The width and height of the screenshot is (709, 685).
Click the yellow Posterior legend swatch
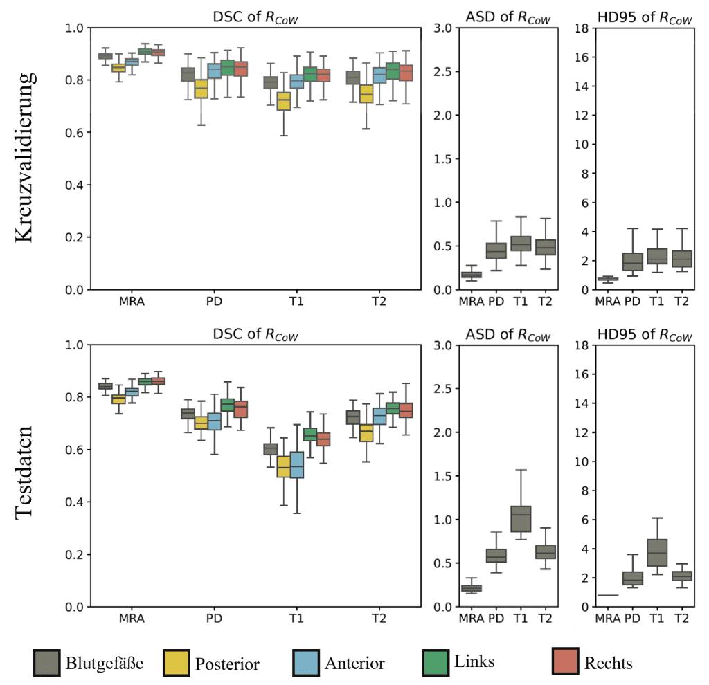pyautogui.click(x=176, y=663)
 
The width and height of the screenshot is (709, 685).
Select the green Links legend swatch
pyautogui.click(x=436, y=663)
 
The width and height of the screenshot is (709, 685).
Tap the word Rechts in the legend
pyautogui.click(x=609, y=663)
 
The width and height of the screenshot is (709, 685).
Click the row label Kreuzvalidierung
pyautogui.click(x=25, y=158)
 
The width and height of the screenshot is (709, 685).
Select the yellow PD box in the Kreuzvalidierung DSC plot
pyautogui.click(x=201, y=89)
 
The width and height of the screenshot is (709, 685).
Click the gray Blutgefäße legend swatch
pyautogui.click(x=46, y=663)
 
